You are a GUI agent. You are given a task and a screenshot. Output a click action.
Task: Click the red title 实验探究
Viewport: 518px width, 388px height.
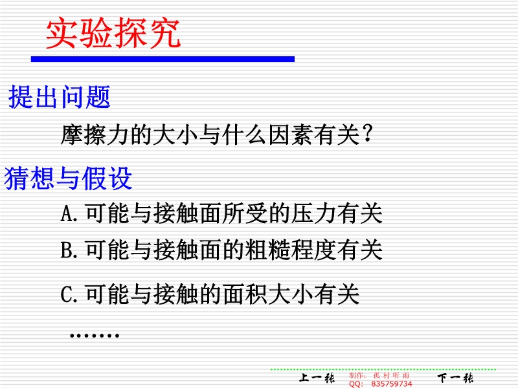113,34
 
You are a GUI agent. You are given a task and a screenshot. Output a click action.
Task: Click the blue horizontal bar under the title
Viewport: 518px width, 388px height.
163,59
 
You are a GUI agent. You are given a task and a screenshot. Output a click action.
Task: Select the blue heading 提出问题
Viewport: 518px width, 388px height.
59,96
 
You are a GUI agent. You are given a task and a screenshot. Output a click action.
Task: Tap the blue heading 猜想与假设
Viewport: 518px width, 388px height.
68,178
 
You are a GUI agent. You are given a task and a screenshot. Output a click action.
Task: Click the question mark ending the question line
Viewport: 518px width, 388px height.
367,134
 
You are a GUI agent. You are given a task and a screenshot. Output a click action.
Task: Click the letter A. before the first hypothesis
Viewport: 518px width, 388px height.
69,213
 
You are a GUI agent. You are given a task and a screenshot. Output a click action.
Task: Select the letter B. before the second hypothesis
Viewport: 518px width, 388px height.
69,250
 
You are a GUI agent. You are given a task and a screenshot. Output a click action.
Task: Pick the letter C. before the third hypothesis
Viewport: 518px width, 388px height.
69,294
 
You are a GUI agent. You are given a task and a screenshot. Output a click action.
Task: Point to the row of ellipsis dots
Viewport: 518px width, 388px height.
95,336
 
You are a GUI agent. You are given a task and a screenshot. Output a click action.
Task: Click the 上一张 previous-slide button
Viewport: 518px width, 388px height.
317,378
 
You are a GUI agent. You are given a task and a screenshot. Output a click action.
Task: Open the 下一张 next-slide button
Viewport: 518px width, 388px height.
455,378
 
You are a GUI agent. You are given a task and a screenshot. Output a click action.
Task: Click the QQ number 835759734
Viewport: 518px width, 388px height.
392,383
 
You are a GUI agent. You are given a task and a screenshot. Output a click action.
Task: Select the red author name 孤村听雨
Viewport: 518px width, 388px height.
391,376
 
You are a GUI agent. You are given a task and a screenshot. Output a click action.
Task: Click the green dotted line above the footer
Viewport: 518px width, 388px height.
383,369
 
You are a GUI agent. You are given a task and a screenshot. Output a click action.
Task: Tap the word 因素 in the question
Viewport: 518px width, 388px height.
291,135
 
